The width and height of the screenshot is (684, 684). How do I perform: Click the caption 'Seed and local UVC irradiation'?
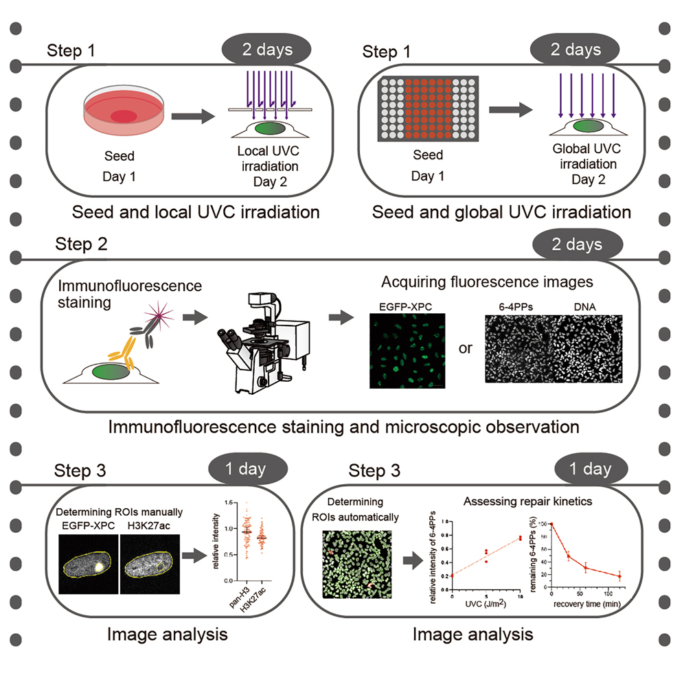(196, 212)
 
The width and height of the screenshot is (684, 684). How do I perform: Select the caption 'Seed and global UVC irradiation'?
(501, 212)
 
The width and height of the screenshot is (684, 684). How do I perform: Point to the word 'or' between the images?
(466, 347)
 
